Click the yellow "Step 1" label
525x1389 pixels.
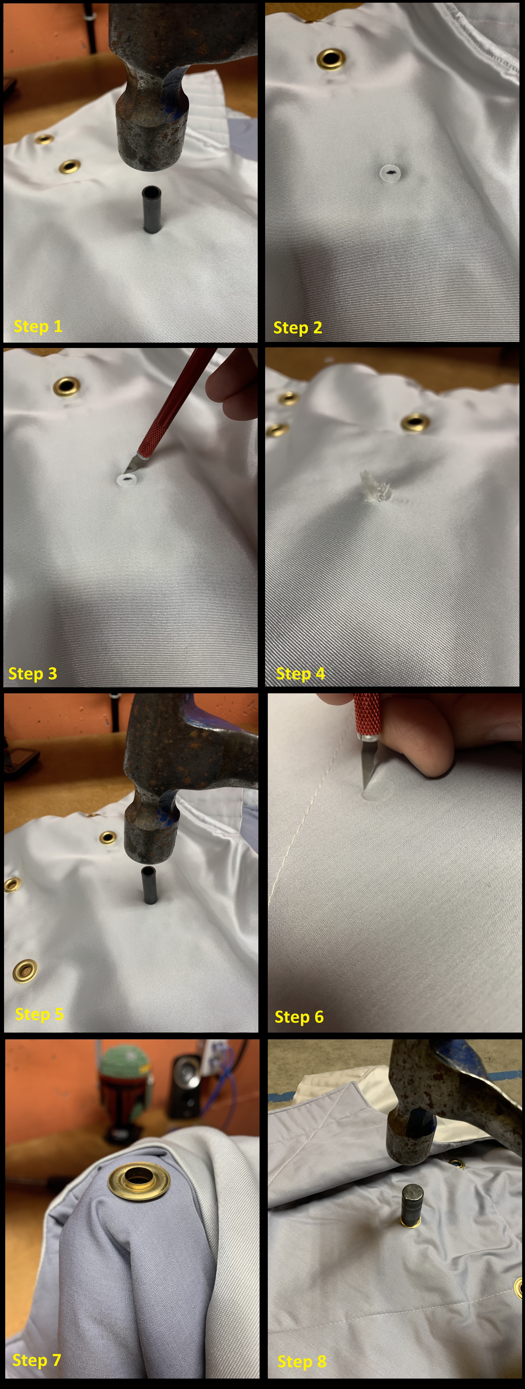point(38,326)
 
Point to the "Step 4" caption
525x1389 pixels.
point(300,673)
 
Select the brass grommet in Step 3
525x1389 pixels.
point(67,386)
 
